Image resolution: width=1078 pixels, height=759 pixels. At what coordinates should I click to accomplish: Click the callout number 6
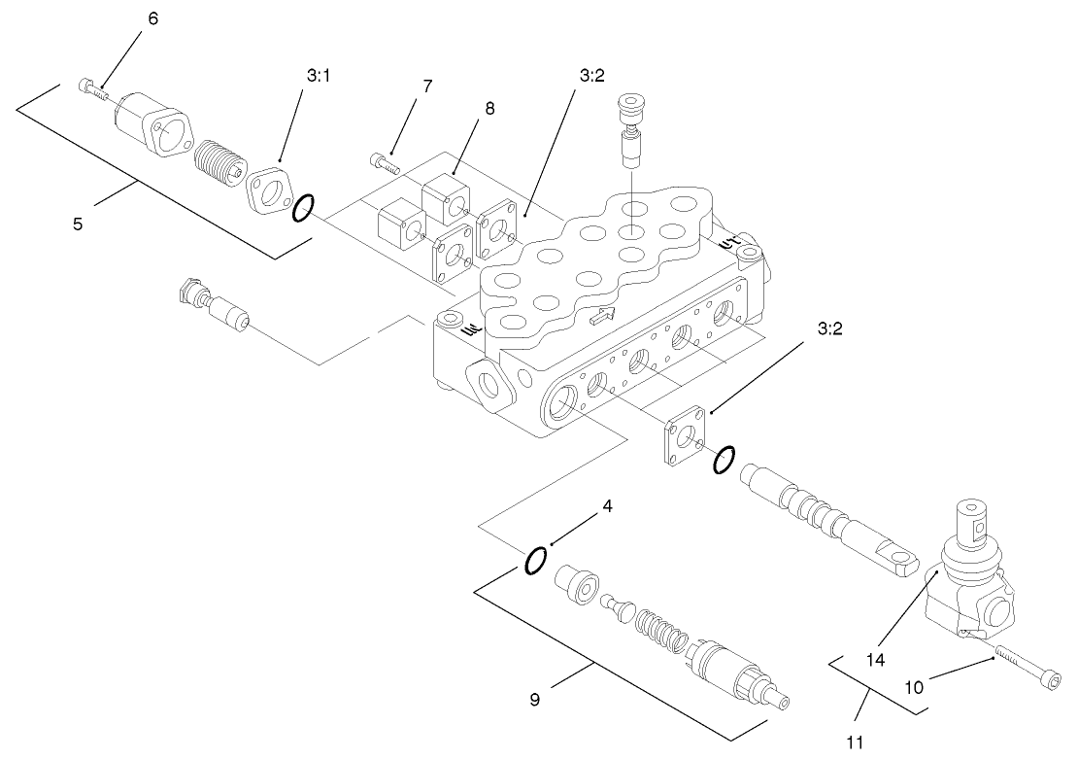coord(152,17)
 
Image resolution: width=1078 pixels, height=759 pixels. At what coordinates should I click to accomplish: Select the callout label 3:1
coord(319,76)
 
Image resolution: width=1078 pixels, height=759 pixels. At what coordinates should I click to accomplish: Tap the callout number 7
coord(427,86)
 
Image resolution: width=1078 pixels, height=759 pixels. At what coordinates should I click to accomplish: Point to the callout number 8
coord(489,108)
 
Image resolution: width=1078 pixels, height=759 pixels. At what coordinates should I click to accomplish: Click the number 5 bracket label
coord(78,224)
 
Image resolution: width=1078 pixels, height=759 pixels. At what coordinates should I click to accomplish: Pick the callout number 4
coord(607,506)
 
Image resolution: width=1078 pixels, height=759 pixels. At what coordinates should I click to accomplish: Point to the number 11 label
coord(856,743)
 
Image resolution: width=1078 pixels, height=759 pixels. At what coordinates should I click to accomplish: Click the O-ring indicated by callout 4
coord(535,561)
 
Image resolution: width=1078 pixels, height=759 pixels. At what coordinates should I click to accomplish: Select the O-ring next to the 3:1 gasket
coord(303,206)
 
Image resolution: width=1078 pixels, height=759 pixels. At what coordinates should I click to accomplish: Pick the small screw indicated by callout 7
coord(385,163)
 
